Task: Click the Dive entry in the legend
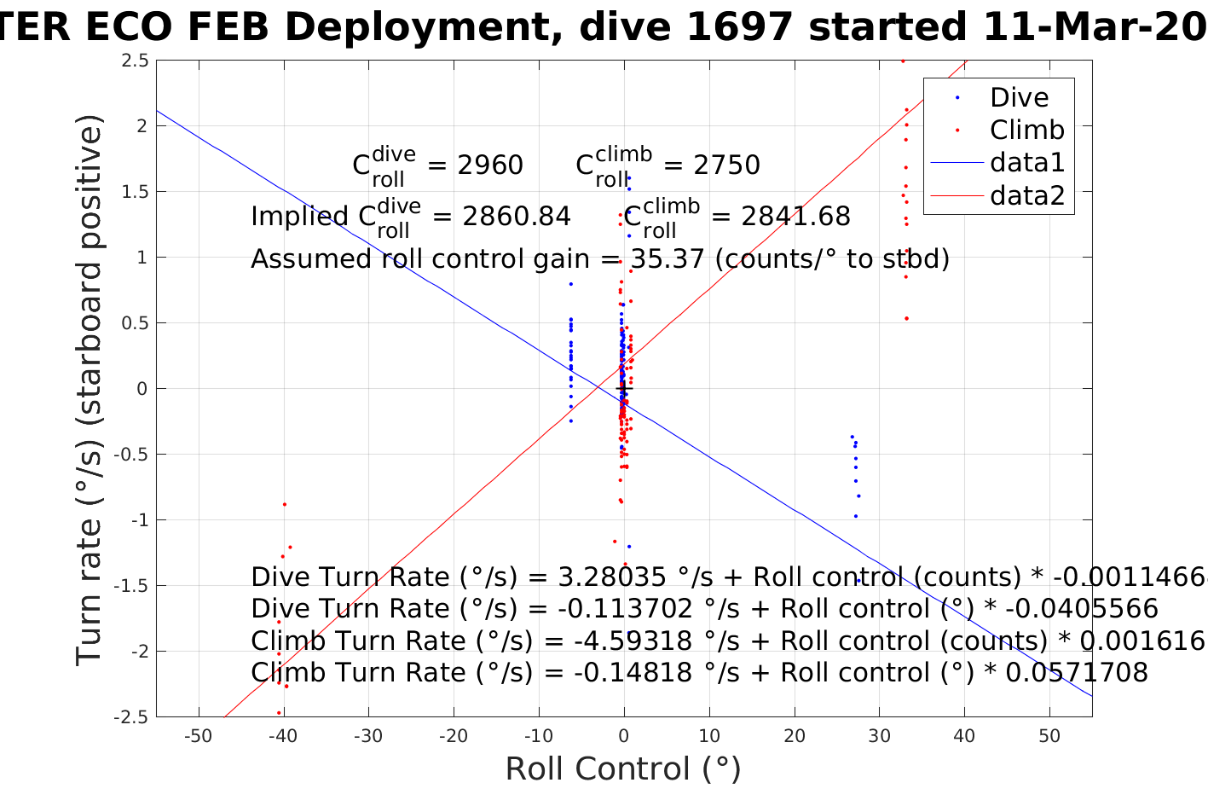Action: coord(1019,97)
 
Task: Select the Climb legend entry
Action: coord(1026,130)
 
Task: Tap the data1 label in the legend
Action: coord(1027,162)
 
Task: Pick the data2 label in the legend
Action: coord(1027,195)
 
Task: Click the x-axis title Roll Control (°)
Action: coord(623,769)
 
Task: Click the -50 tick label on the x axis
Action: coord(198,736)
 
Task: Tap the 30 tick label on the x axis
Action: coord(879,736)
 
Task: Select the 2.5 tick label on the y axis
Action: coord(135,61)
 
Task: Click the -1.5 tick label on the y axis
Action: coord(131,586)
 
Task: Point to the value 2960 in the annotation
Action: coord(490,165)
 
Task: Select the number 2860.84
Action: coord(516,217)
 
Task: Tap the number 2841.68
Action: coord(795,217)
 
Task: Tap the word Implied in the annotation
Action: coord(299,217)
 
